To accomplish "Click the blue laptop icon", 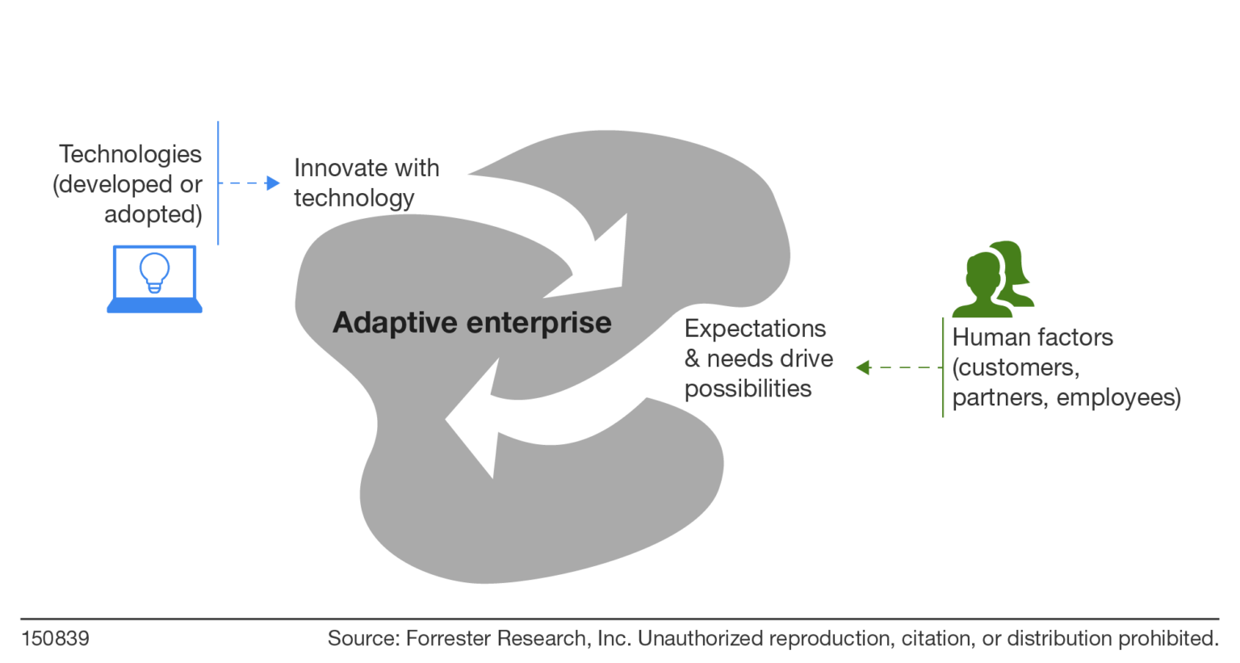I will coord(154,279).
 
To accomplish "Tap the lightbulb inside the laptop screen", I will coord(154,271).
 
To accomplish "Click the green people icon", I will coord(992,279).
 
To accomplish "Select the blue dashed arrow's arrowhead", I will coord(273,183).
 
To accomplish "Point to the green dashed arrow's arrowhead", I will coord(863,367).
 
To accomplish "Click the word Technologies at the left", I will coord(130,153).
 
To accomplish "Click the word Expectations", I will coord(755,329).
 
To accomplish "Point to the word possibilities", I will coord(748,388).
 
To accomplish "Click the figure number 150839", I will coord(55,638).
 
